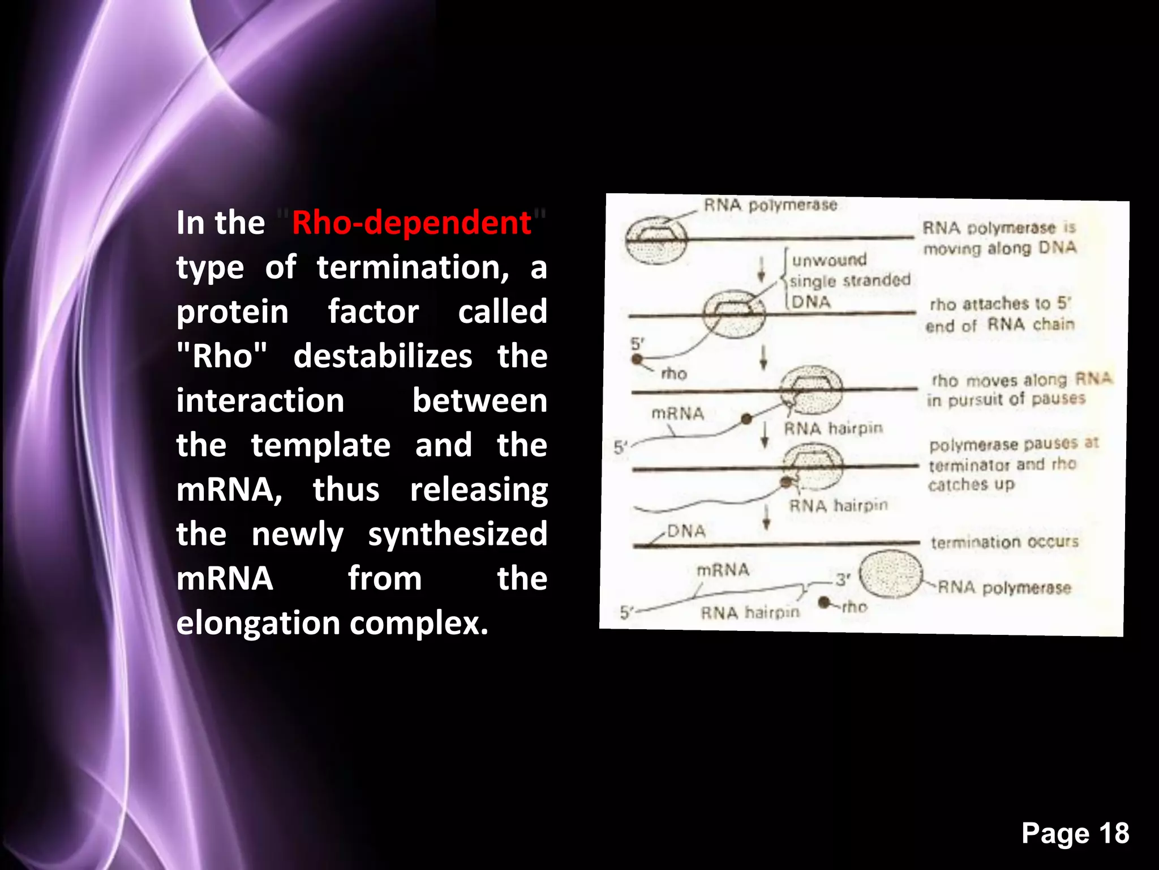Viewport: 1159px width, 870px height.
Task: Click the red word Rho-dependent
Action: coord(411,223)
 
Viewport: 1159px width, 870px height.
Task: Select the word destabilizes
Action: coord(383,356)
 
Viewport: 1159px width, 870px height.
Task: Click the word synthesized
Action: coord(457,534)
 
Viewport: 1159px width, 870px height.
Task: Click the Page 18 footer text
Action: coord(1075,833)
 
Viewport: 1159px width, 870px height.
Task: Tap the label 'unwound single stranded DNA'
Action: coord(849,280)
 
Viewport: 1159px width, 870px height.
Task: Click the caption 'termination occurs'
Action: coord(1005,542)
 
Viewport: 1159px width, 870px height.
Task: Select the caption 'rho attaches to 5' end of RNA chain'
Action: coord(1000,314)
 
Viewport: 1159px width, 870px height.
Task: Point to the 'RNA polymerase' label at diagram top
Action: coord(770,205)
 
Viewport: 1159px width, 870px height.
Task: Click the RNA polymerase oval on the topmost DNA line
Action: coord(656,241)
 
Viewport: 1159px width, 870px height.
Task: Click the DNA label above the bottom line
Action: coord(686,531)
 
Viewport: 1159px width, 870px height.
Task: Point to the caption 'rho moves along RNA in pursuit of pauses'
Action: coord(1019,390)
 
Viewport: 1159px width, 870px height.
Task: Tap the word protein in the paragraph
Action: coord(232,312)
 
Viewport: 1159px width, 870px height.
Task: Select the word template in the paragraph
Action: coord(320,445)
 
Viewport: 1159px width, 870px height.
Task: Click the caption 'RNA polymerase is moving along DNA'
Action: coord(999,238)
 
